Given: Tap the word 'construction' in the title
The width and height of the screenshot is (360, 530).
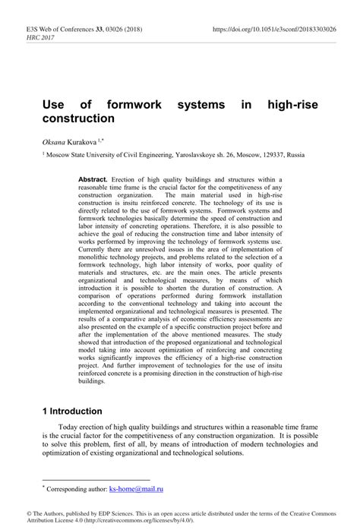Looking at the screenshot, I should point(78,119).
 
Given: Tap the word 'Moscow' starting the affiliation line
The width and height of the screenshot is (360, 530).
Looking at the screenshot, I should point(62,155).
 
